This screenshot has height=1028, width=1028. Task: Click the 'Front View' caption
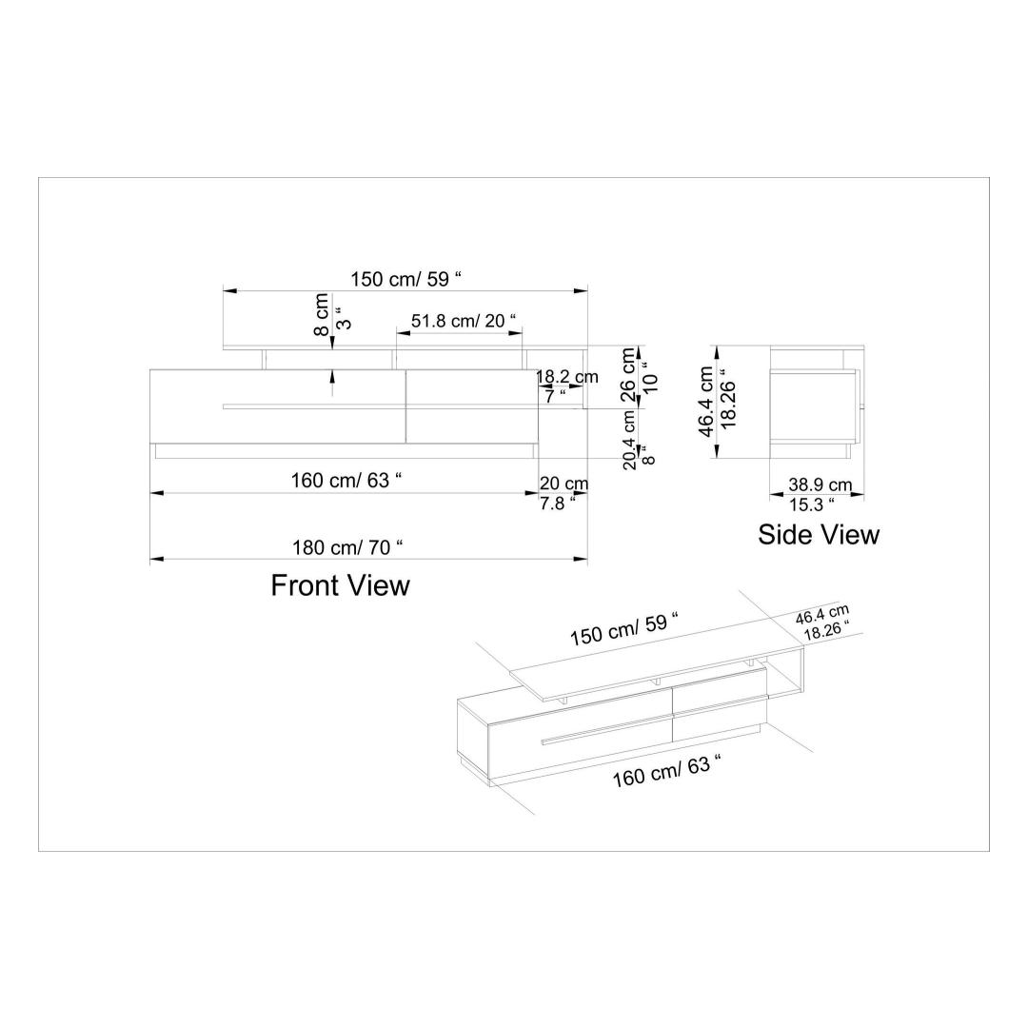coord(340,585)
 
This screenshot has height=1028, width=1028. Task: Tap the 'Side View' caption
coord(819,534)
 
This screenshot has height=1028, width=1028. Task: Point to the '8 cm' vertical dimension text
coord(322,314)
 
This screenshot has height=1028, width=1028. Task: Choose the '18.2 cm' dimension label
coord(567,377)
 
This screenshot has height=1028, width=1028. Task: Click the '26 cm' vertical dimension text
coord(628,375)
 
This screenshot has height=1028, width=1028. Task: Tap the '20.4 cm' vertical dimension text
coord(629,439)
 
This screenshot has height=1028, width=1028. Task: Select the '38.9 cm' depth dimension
coord(820,485)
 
